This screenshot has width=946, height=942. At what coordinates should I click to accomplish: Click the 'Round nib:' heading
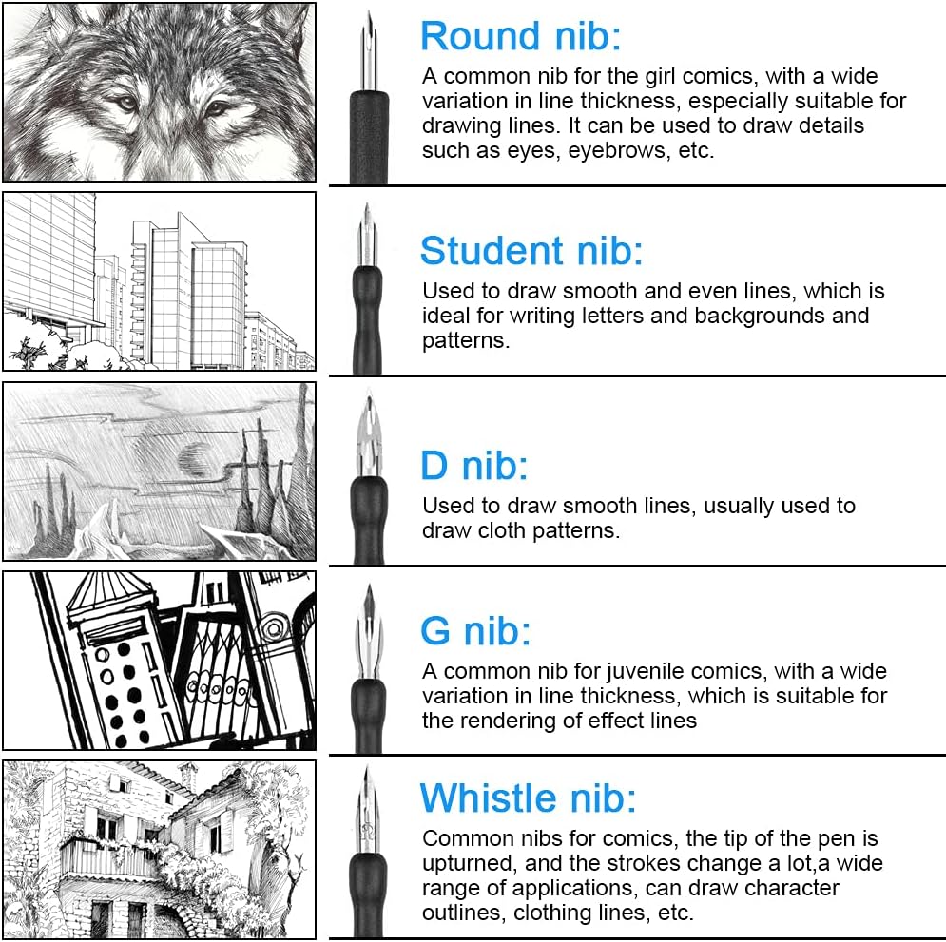click(x=520, y=35)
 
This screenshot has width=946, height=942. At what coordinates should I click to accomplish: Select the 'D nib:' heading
click(x=474, y=466)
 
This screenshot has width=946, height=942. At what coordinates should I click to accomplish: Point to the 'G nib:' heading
click(x=475, y=631)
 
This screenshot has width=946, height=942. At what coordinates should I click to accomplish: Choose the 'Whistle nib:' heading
click(x=528, y=798)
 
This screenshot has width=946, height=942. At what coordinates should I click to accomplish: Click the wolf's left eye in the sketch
click(x=125, y=103)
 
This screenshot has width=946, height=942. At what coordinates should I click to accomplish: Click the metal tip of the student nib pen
click(x=367, y=235)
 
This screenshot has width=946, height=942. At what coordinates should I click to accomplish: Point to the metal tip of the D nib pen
click(x=369, y=435)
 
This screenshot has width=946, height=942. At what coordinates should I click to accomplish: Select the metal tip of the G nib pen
click(x=369, y=633)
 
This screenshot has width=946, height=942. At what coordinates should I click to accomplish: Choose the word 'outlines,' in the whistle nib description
click(x=461, y=913)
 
